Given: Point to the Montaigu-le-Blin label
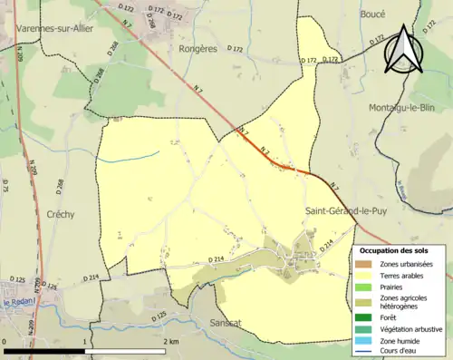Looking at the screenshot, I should click(407, 108).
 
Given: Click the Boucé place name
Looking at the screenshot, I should click(371, 15).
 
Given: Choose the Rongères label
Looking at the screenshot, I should click(199, 49).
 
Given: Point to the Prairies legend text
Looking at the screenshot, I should click(394, 286).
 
